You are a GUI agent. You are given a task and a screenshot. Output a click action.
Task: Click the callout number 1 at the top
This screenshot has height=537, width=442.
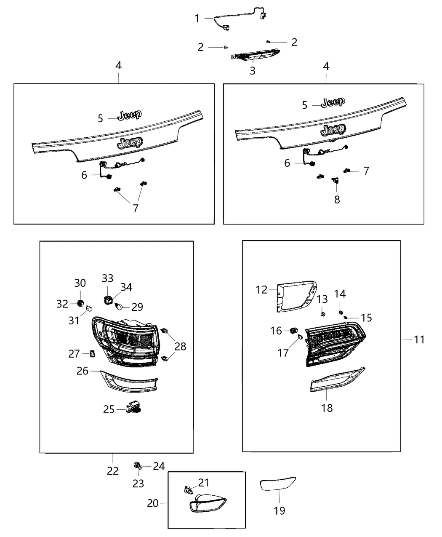pyautogui.click(x=197, y=19)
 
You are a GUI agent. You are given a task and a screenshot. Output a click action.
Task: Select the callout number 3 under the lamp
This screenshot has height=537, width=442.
pyautogui.click(x=253, y=71)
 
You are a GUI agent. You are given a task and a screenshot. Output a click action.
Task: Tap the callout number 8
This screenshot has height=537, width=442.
pyautogui.click(x=337, y=199)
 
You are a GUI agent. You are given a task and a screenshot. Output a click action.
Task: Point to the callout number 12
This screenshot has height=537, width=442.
pyautogui.click(x=261, y=290)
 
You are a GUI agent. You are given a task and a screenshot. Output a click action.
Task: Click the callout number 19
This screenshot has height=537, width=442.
pyautogui.click(x=279, y=510)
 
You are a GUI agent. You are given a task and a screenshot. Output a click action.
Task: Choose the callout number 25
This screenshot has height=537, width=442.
pyautogui.click(x=109, y=409)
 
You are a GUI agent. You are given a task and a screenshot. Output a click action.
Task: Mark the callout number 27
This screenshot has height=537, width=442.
pyautogui.click(x=74, y=354)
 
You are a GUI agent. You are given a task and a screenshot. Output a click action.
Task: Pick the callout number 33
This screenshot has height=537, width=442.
pyautogui.click(x=107, y=278)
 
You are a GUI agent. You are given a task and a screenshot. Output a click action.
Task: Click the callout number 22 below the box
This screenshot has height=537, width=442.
pyautogui.click(x=113, y=470)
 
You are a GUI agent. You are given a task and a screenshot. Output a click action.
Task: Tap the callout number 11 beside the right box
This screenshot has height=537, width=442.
pyautogui.click(x=419, y=339)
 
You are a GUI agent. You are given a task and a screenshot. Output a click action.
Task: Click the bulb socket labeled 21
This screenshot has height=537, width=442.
pyautogui.click(x=188, y=490)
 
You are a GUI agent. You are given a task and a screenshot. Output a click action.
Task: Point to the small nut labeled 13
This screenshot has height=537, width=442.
pyautogui.click(x=322, y=314)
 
